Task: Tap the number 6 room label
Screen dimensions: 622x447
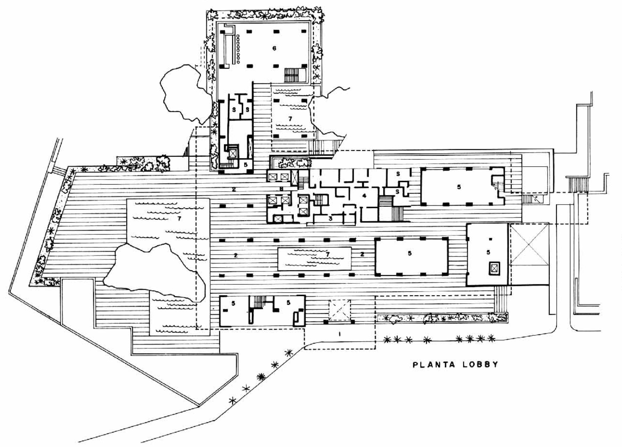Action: pyautogui.click(x=274, y=48)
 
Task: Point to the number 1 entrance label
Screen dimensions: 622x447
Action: pyautogui.click(x=339, y=334)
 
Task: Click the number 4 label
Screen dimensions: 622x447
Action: pyautogui.click(x=365, y=196)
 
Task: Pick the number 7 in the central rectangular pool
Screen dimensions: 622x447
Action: pyautogui.click(x=327, y=254)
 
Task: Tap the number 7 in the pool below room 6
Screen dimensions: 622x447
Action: pyautogui.click(x=290, y=118)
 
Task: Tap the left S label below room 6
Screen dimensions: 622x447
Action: pyautogui.click(x=234, y=110)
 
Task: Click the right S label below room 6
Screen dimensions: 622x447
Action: pyautogui.click(x=247, y=110)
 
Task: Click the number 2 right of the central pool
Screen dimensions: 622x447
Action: pyautogui.click(x=362, y=254)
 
